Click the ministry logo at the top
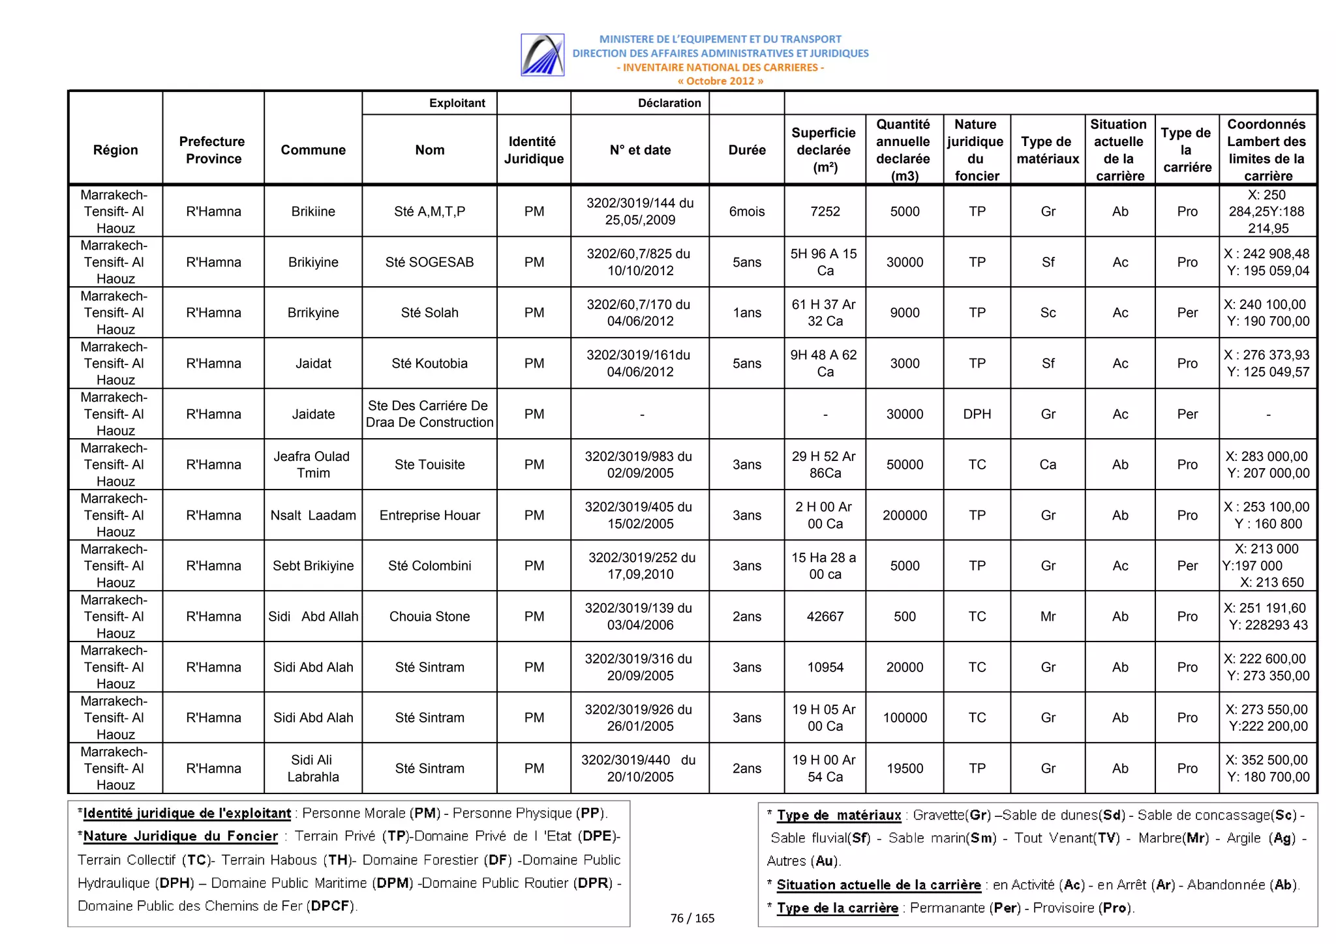(542, 55)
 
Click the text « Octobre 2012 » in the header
(720, 81)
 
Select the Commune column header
(313, 150)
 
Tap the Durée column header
(747, 150)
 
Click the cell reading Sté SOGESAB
(429, 262)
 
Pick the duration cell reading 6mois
(747, 211)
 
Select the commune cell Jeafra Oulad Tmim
(313, 465)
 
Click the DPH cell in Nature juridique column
(977, 414)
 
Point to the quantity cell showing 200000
(905, 516)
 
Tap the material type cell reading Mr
(1048, 617)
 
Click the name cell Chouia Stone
(429, 617)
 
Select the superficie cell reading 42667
(825, 617)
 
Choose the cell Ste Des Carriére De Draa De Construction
(429, 414)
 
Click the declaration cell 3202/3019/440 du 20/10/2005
(639, 769)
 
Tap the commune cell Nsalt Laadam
(313, 516)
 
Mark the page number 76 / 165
(692, 918)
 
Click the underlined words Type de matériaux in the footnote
(839, 815)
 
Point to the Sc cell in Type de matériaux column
(1048, 313)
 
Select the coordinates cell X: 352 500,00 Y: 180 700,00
(1268, 769)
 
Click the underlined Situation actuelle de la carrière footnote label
(879, 885)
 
